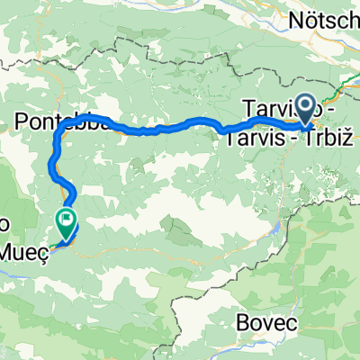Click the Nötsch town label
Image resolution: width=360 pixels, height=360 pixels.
tap(325, 19)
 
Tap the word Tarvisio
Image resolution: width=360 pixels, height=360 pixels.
tap(270, 110)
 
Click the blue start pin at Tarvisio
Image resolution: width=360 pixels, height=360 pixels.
tap(304, 110)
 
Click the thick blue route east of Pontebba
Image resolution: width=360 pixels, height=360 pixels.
tap(180, 125)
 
